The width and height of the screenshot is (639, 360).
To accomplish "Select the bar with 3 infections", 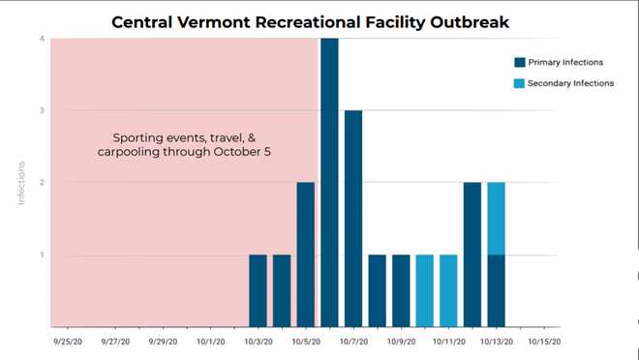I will point(353,219).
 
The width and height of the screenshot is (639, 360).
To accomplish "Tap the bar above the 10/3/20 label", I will point(258,290).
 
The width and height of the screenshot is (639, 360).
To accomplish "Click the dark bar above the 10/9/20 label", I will point(401,290).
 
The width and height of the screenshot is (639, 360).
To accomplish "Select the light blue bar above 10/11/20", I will point(448,290).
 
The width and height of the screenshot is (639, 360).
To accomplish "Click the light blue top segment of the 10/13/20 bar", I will point(496,219).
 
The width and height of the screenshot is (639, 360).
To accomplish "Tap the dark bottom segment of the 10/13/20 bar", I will point(496,290).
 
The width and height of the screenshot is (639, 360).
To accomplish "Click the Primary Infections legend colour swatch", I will point(520,63).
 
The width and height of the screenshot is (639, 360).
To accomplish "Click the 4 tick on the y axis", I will point(42,39).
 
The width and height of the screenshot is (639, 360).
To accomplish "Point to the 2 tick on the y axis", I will point(42,183).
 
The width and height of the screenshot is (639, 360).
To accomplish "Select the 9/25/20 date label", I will point(67,341).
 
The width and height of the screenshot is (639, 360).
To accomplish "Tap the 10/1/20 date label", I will point(210,341).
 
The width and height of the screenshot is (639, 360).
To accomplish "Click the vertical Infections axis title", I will point(22,183).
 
